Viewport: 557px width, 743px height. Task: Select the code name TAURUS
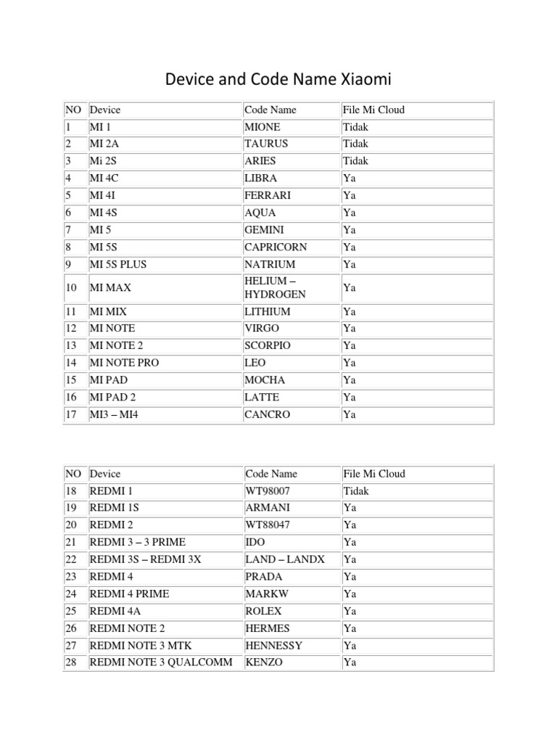click(266, 144)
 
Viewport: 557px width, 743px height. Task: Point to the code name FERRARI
click(268, 195)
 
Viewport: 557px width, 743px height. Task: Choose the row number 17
click(71, 414)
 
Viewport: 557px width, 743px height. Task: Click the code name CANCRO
click(267, 414)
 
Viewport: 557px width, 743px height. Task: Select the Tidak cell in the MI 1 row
click(355, 127)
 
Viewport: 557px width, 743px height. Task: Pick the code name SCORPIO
click(267, 345)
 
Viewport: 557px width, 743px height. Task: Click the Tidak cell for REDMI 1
click(355, 490)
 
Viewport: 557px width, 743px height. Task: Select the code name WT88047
click(267, 525)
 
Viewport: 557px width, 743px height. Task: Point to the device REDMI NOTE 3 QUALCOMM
click(161, 662)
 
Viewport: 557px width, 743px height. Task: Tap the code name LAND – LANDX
click(285, 559)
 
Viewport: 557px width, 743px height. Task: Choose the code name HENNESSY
click(273, 645)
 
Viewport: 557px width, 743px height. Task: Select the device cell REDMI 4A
click(115, 611)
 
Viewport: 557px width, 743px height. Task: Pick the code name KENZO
click(264, 662)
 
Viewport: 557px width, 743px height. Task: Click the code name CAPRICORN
click(276, 247)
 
